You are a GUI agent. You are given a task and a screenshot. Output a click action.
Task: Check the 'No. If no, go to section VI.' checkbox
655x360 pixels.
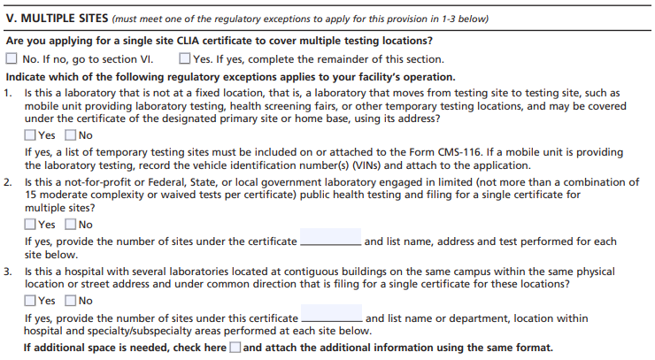click(x=12, y=59)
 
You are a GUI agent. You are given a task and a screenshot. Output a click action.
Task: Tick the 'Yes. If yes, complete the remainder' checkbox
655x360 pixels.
click(x=184, y=59)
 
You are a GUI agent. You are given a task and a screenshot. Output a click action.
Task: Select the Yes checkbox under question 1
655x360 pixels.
click(x=31, y=135)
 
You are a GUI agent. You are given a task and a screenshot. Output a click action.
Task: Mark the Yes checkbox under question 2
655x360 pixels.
click(x=31, y=225)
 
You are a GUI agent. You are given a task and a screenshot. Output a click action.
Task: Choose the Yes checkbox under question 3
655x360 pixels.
click(x=31, y=301)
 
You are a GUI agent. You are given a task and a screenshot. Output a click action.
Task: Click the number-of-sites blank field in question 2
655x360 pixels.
click(x=330, y=241)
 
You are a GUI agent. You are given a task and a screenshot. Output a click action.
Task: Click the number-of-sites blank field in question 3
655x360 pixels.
click(x=331, y=318)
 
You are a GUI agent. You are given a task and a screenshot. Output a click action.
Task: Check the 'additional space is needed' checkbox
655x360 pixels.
click(x=235, y=348)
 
